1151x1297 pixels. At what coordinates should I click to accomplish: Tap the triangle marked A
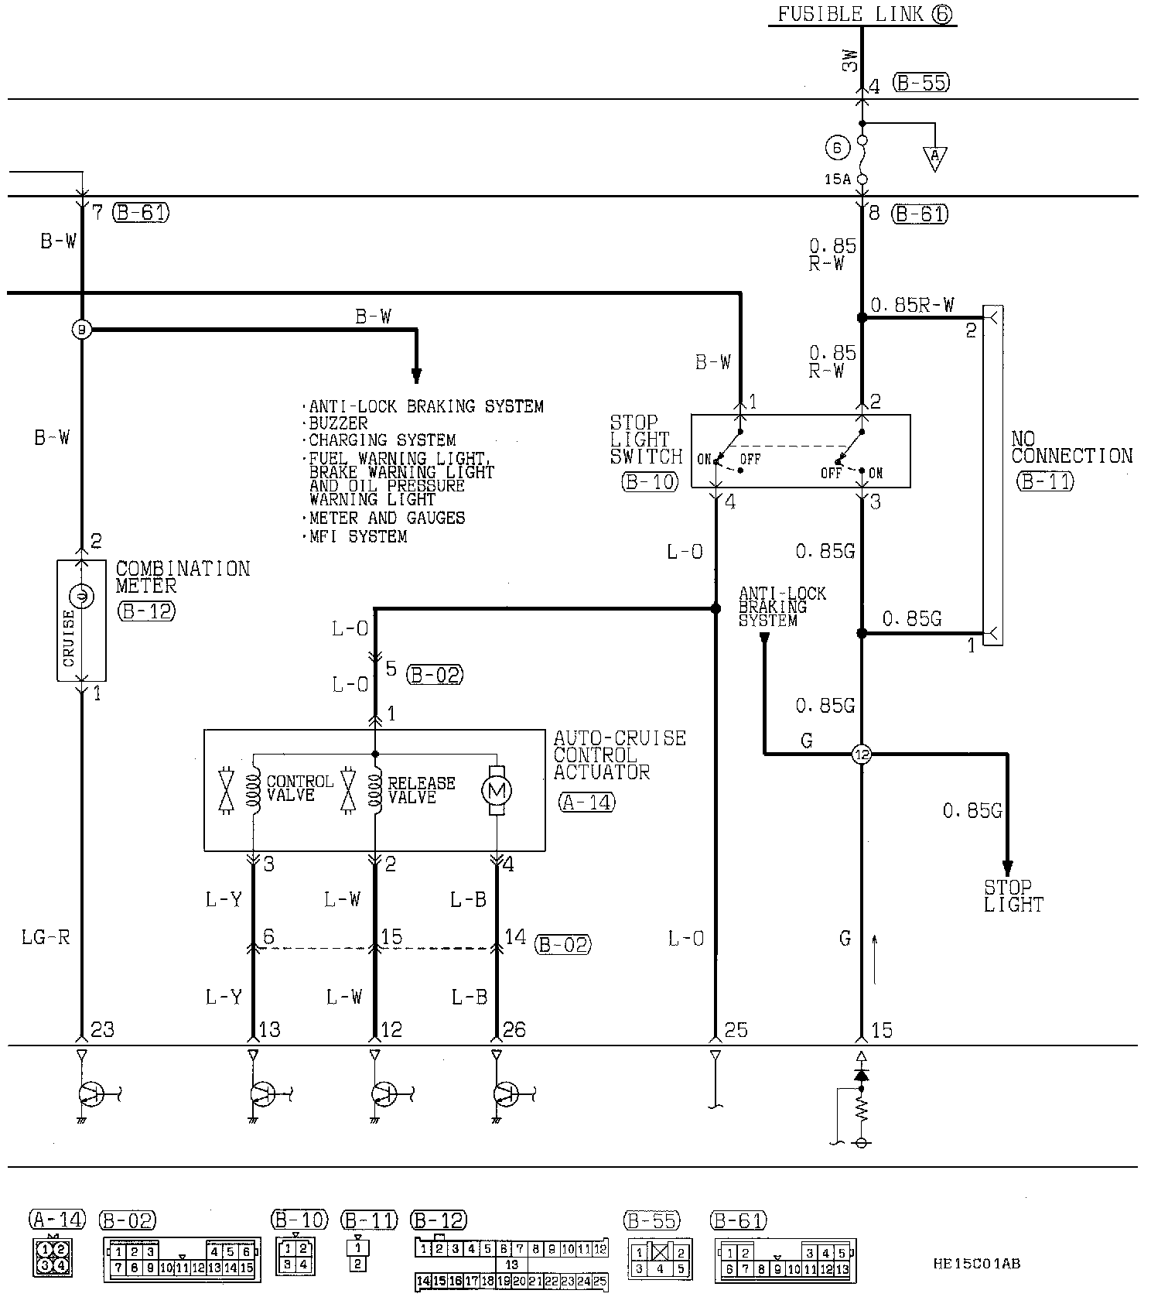coord(934,158)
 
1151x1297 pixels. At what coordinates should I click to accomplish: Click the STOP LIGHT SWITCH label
coord(646,440)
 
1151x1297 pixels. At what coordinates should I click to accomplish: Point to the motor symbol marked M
coord(496,791)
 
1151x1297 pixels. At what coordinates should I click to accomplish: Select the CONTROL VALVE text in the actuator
coord(299,789)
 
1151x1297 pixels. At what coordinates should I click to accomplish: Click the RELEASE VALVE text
coord(421,790)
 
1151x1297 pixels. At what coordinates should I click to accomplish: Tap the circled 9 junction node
coord(81,330)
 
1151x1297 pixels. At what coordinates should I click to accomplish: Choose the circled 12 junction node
coord(862,754)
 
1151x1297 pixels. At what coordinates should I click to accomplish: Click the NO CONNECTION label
coord(1071,447)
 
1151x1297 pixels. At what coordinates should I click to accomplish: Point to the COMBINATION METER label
coord(183,577)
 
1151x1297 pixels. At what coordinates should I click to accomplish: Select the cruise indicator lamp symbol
coord(81,596)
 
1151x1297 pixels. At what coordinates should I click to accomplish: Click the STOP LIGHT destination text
coord(1013,895)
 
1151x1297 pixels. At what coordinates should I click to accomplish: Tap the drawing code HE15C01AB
coord(976,1263)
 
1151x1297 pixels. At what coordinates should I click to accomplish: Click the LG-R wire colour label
coord(46,938)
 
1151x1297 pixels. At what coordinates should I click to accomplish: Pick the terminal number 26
coord(514,1030)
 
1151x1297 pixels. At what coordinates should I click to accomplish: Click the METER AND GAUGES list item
coord(387,518)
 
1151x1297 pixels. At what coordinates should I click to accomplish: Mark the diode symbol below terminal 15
coord(862,1075)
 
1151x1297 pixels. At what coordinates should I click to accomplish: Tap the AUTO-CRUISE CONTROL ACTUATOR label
coord(619,755)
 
